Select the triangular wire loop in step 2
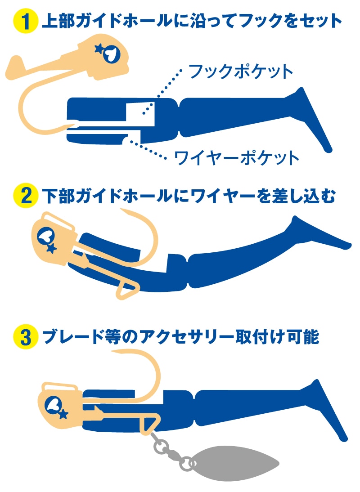coord(126,288)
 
